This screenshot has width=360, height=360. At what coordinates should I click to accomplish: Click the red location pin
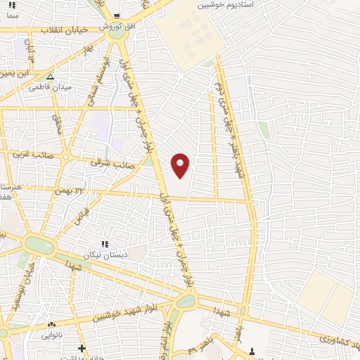(x=181, y=165)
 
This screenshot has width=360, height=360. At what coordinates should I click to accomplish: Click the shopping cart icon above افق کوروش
(x=117, y=16)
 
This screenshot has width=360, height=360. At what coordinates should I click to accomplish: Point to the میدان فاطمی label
(x=47, y=89)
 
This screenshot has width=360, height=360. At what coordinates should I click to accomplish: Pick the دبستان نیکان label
(x=103, y=255)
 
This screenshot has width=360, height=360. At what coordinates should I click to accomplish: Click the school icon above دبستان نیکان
(x=105, y=243)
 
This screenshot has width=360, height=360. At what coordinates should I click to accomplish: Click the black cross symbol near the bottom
(x=82, y=347)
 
